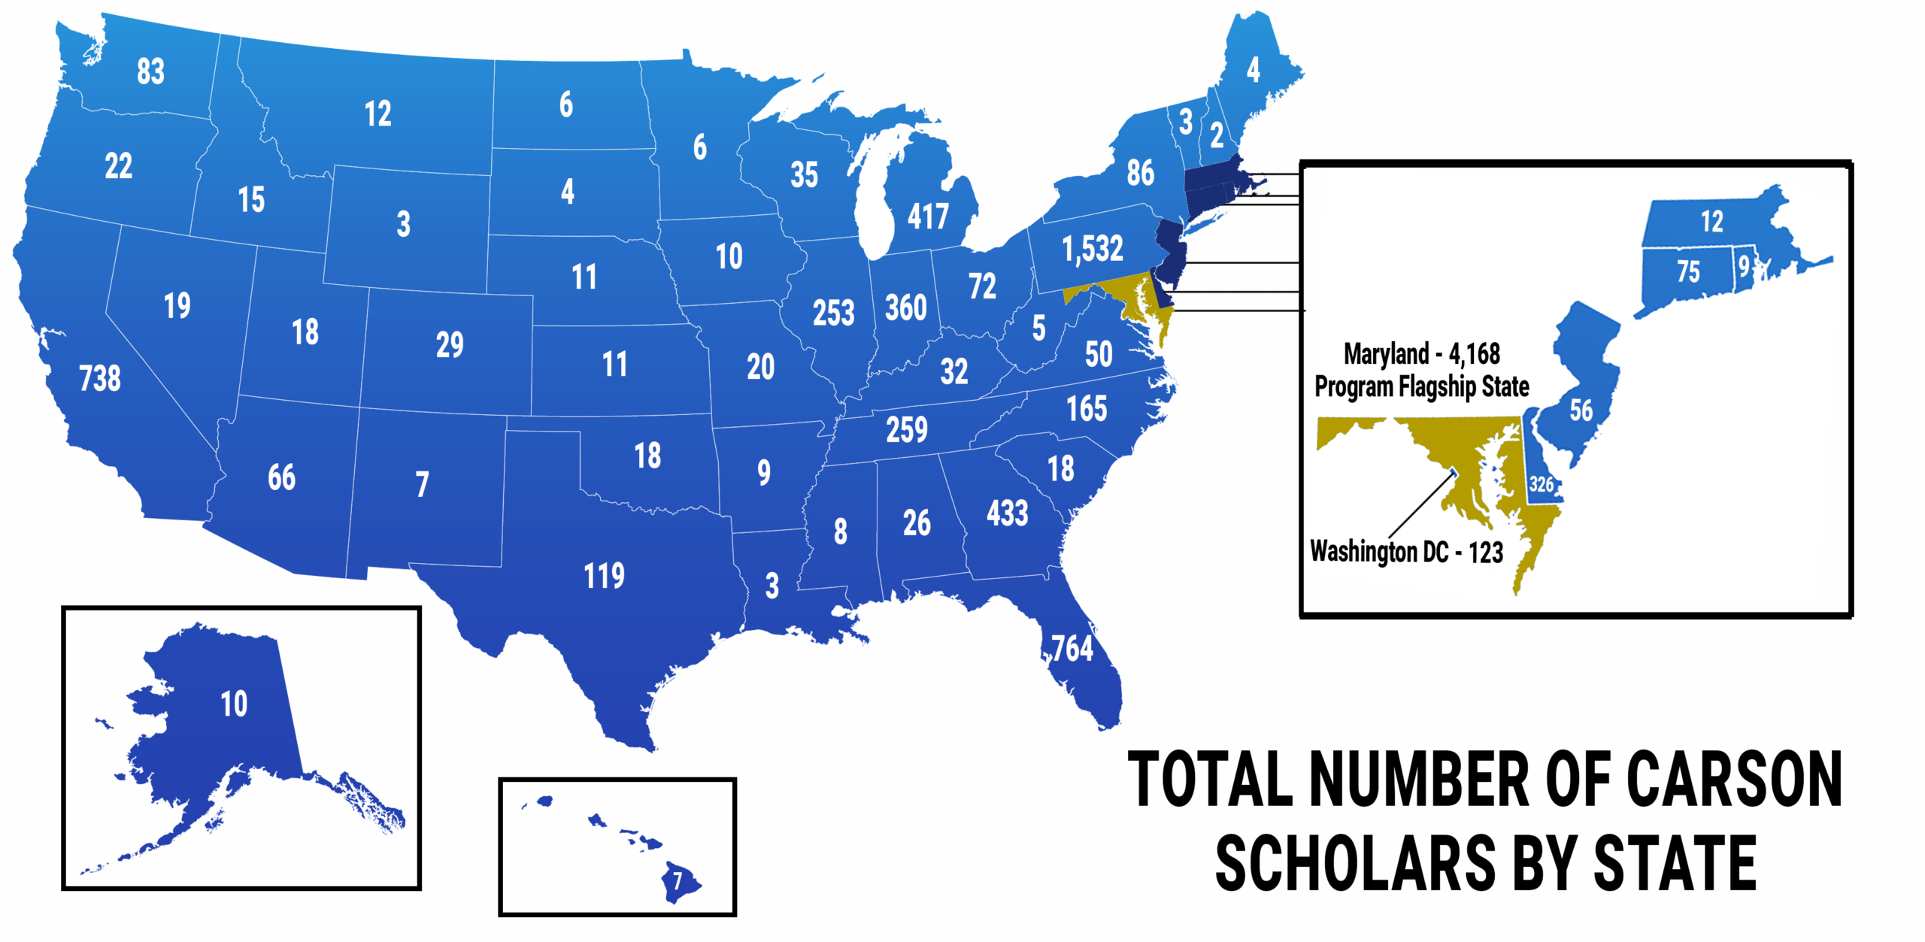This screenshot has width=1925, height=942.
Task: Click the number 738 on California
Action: tap(100, 378)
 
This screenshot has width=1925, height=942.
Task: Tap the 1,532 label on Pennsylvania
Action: tap(1093, 249)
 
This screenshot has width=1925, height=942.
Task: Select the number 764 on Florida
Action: tap(1072, 648)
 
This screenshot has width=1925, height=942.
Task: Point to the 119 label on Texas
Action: tap(605, 576)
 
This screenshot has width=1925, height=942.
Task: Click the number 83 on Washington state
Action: tap(150, 71)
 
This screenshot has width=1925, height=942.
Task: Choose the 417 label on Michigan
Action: tap(928, 217)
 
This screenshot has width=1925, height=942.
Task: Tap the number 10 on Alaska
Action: tap(234, 704)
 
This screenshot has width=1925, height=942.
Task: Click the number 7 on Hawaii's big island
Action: tap(678, 880)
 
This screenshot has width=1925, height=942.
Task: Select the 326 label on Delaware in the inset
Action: tap(1541, 485)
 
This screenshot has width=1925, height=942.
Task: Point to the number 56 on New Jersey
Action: tap(1581, 410)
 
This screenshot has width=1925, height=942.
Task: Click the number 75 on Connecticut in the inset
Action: tap(1688, 271)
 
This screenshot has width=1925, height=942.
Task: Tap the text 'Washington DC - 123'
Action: tap(1406, 552)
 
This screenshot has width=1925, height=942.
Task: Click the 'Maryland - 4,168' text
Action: tap(1421, 353)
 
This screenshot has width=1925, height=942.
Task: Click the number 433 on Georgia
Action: tap(1008, 514)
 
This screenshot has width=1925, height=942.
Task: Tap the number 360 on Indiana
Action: tap(906, 308)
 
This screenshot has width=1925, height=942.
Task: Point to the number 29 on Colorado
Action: tap(450, 345)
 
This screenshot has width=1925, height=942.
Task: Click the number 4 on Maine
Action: tap(1253, 70)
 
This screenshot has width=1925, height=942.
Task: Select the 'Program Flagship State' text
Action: tap(1421, 387)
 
